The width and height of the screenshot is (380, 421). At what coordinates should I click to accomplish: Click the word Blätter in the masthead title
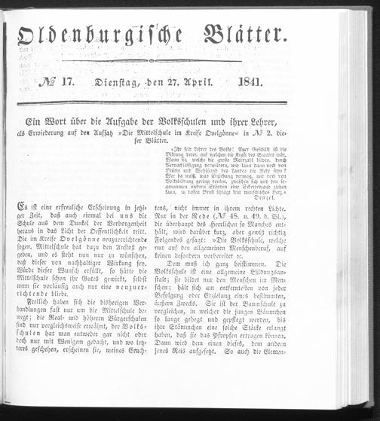[x=234, y=35]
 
